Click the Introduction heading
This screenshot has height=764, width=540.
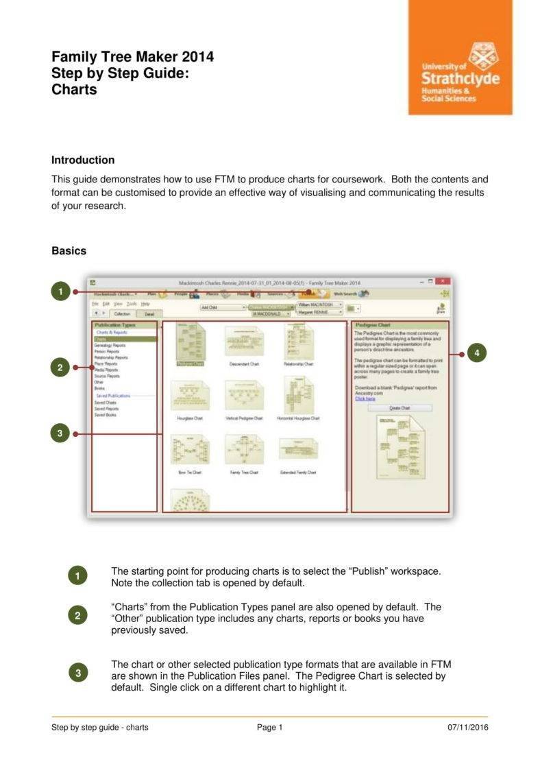click(83, 160)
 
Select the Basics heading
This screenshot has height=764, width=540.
click(69, 250)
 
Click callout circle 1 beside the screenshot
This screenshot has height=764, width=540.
click(60, 291)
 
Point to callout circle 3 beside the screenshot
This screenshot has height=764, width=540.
click(60, 433)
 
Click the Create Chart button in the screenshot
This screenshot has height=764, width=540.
click(400, 407)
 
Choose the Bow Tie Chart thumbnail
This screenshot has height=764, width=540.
click(189, 450)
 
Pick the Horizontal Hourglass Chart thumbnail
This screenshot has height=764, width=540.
click(298, 395)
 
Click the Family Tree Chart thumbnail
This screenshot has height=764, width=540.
click(244, 450)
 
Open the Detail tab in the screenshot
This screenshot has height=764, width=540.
click(149, 313)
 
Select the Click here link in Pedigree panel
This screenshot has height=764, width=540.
click(365, 398)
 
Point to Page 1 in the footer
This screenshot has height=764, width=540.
click(269, 728)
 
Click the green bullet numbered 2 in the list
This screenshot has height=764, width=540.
click(78, 615)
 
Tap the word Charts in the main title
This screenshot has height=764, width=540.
click(74, 89)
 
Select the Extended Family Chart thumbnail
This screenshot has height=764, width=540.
click(298, 450)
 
